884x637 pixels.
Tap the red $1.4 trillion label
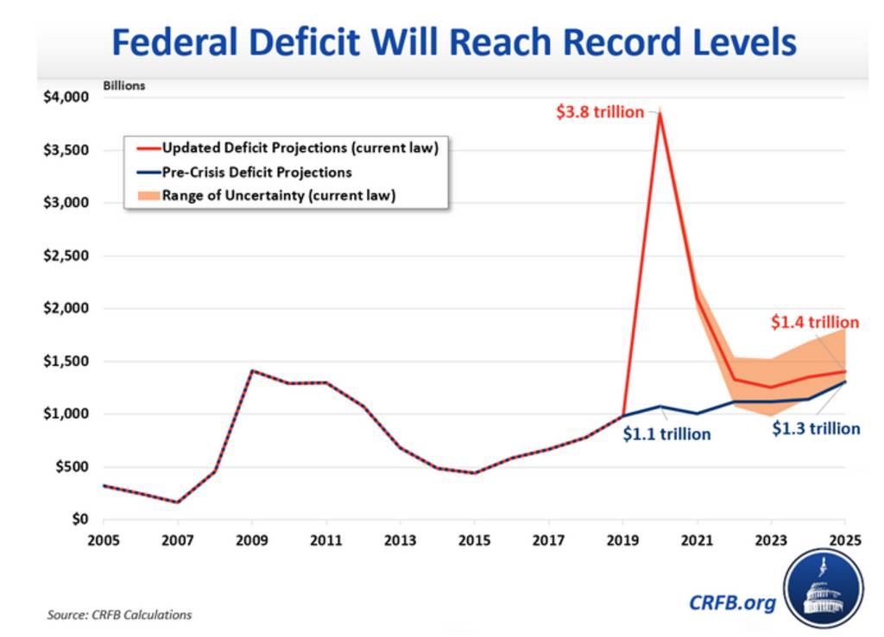(815, 323)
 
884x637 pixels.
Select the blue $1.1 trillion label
(666, 434)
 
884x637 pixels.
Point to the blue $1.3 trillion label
(816, 428)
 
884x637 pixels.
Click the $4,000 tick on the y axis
(66, 98)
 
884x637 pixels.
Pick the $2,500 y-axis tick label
(66, 256)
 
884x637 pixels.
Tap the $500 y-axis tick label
(72, 467)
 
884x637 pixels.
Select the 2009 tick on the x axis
(252, 541)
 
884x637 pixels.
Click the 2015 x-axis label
(475, 541)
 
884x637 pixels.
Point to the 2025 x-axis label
(845, 541)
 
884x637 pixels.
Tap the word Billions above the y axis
(125, 85)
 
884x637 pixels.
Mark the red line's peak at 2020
(660, 113)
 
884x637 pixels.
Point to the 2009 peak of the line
(252, 371)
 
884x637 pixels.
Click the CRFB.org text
(732, 602)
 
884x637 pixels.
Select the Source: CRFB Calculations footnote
(119, 615)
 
